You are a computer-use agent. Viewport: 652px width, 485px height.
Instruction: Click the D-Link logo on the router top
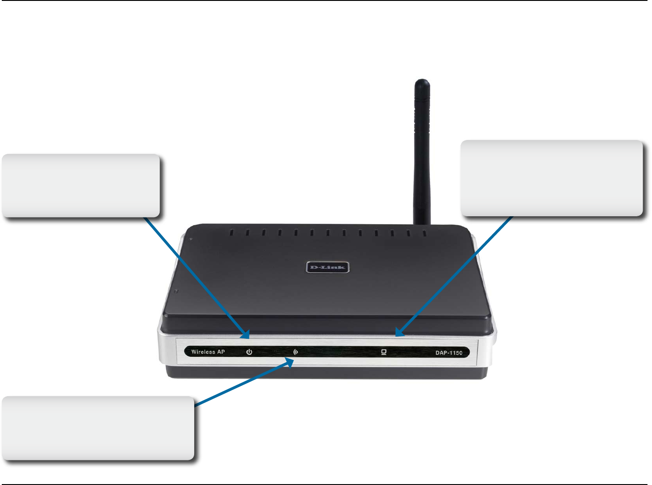coord(327,267)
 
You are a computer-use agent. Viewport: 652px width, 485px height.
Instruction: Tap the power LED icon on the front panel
coord(249,352)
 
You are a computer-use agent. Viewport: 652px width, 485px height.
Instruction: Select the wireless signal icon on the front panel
coord(296,352)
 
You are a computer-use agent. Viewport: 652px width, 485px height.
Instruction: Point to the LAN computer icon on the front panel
coord(384,352)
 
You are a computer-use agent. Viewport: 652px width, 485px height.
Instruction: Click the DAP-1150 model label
coord(448,353)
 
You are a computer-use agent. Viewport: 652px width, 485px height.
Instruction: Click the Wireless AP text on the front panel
coord(208,352)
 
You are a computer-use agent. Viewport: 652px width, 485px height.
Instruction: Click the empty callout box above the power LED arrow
coord(81,186)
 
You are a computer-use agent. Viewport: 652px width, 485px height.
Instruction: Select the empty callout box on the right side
coord(552,178)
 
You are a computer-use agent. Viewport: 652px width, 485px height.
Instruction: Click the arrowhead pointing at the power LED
coord(245,334)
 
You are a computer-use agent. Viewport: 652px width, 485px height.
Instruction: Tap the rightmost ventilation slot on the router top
coord(425,233)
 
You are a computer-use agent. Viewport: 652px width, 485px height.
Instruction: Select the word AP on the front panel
coord(221,352)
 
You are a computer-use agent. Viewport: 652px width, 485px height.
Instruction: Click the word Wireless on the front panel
coord(203,352)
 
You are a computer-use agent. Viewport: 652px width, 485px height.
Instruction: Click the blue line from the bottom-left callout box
coord(242,384)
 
